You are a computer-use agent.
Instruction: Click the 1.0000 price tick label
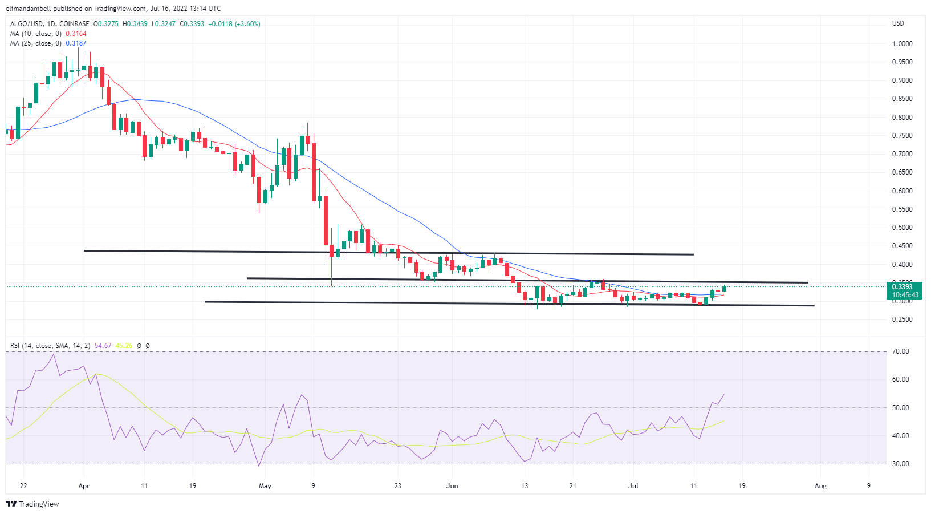pos(902,44)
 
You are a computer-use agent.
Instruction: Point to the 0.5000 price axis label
pos(902,228)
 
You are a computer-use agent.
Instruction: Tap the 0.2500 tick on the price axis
pos(902,319)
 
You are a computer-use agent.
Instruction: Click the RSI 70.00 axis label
pos(901,351)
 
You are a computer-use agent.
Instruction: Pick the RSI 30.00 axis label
pos(901,464)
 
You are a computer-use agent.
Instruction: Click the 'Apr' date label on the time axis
pos(84,486)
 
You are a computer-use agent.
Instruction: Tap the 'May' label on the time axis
pos(265,486)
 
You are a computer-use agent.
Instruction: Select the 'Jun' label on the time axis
pos(452,486)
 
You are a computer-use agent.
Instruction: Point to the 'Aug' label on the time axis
pos(820,486)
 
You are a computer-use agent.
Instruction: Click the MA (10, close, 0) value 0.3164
pos(76,34)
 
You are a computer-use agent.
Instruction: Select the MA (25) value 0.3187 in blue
pos(76,43)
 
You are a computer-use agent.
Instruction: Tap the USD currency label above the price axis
pos(898,23)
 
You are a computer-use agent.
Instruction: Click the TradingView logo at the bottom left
pos(32,504)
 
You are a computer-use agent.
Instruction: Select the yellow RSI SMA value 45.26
pos(124,346)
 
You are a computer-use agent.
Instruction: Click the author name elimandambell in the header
pos(29,9)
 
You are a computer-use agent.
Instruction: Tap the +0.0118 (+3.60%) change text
pos(234,24)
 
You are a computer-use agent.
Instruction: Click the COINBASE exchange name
pos(74,24)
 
